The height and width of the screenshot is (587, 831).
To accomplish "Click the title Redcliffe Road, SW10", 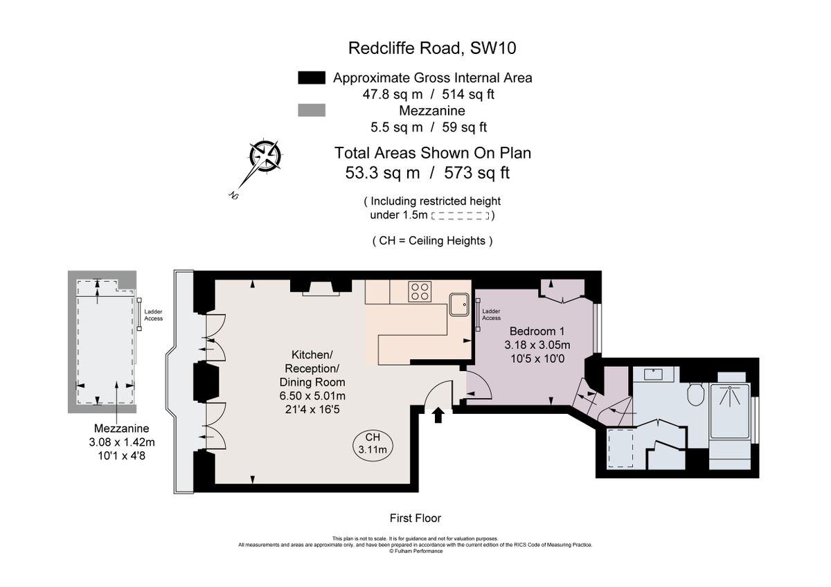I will [432, 48].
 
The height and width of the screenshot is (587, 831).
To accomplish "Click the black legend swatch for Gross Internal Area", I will [311, 78].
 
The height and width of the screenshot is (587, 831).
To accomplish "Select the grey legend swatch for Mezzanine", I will [311, 111].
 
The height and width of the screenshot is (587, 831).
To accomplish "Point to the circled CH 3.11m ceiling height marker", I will [372, 444].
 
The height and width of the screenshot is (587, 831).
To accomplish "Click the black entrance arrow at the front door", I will [438, 414].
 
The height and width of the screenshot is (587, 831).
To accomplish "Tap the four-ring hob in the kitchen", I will [420, 291].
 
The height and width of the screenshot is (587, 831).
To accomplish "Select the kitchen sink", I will [459, 305].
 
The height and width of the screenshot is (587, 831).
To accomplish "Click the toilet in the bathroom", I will [697, 394].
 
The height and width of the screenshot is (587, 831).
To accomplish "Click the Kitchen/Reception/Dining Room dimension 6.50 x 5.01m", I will [312, 395].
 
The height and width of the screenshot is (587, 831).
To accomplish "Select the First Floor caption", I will [415, 518].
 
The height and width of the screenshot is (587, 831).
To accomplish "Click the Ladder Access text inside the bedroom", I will [491, 314].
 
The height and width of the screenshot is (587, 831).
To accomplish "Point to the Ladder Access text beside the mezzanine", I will [153, 315].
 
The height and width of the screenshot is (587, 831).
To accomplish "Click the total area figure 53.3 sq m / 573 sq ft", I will [427, 173].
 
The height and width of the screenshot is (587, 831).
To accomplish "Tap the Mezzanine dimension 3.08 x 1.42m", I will [121, 442].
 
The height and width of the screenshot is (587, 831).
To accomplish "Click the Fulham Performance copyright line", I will [415, 551].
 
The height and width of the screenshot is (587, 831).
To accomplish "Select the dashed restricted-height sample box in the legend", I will [461, 216].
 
